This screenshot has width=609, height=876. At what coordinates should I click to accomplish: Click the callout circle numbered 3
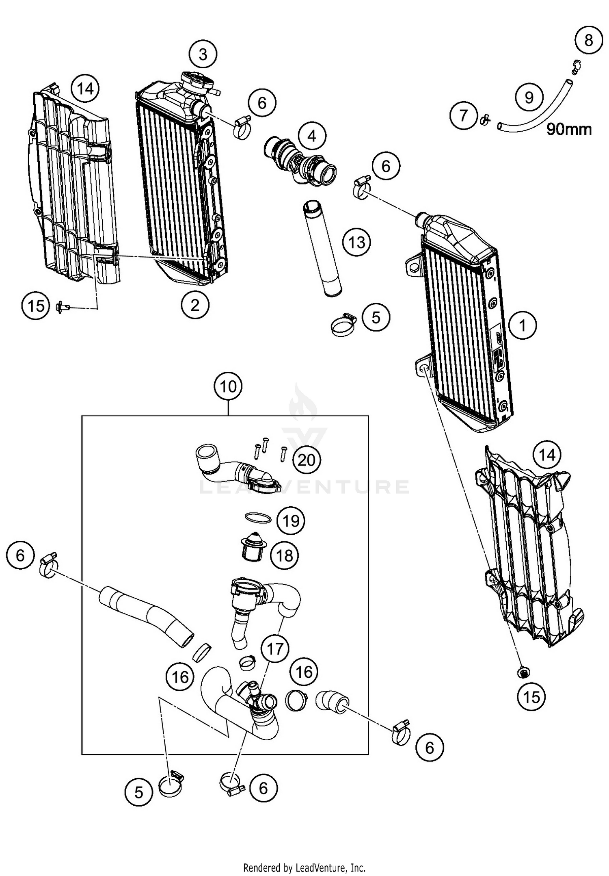(x=203, y=54)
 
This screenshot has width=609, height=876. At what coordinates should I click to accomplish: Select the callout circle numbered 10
(x=228, y=386)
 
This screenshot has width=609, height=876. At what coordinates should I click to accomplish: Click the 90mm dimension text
(x=569, y=129)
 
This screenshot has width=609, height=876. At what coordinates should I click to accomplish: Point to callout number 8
(x=589, y=40)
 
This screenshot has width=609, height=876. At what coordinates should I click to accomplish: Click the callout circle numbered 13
(x=356, y=243)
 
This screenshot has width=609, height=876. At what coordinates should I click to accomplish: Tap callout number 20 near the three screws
(x=307, y=460)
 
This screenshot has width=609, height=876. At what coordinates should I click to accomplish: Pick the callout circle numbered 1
(x=523, y=325)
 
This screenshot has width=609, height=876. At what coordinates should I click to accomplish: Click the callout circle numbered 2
(x=195, y=305)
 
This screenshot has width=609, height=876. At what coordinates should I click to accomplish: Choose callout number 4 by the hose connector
(x=312, y=136)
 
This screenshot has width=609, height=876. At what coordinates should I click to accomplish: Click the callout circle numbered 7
(x=464, y=115)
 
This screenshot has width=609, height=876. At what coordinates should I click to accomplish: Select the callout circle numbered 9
(x=529, y=97)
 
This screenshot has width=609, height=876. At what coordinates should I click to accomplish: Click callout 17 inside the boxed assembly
(x=275, y=648)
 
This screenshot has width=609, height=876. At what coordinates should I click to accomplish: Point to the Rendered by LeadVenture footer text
(x=304, y=868)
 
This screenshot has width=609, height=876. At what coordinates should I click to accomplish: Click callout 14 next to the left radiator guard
(x=85, y=88)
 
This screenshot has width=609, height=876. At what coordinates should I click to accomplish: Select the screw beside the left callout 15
(x=63, y=306)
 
